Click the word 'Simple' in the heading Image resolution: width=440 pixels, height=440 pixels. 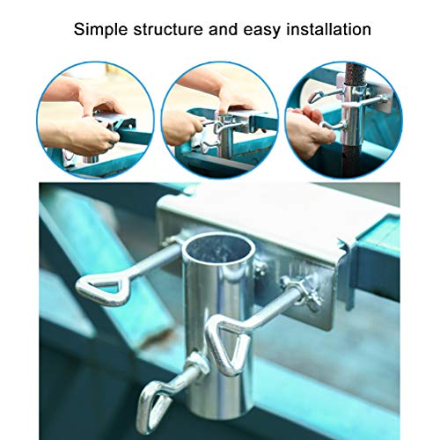[x=99, y=30]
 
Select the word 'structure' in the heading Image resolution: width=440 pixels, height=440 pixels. [x=164, y=30]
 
